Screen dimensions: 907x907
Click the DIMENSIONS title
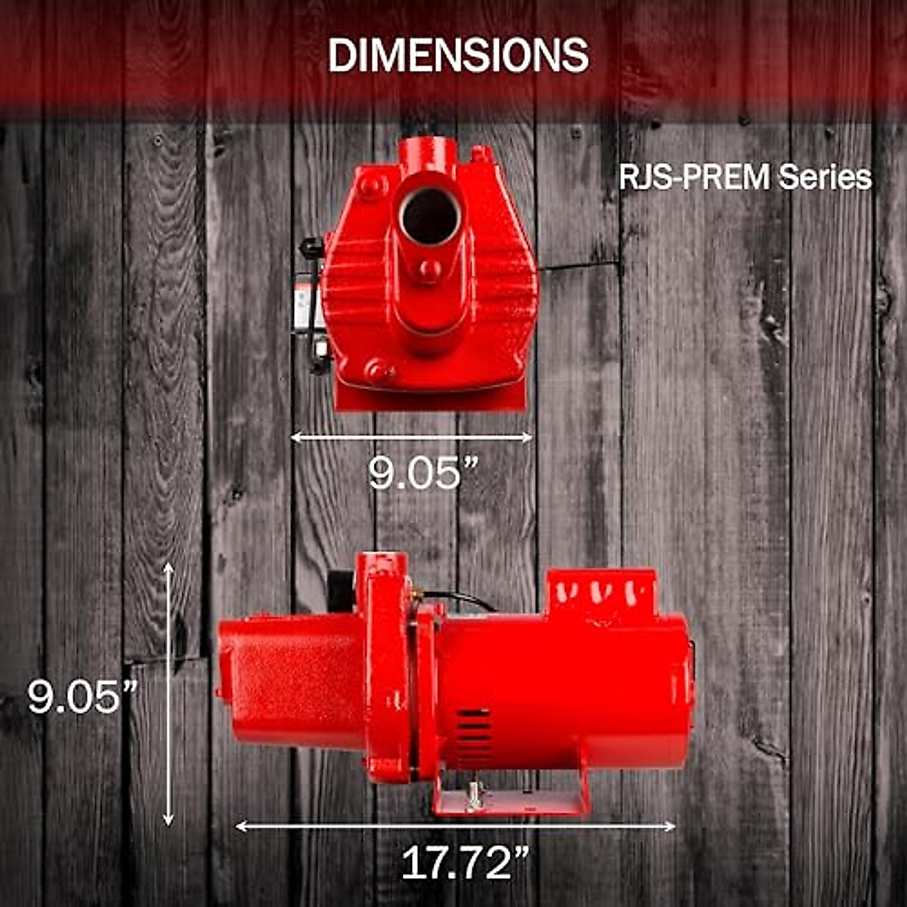[x=458, y=55]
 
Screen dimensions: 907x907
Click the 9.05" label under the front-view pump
[x=424, y=473]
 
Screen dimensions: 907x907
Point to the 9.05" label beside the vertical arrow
[x=83, y=697]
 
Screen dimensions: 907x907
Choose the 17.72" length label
[x=465, y=862]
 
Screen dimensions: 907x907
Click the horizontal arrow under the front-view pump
[x=412, y=437]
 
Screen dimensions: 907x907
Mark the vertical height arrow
[x=169, y=694]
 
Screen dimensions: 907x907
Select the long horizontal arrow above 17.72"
[x=455, y=826]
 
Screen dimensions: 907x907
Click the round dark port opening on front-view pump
[x=429, y=215]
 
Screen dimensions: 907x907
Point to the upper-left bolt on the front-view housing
[x=369, y=185]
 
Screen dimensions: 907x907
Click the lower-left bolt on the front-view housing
[x=377, y=370]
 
